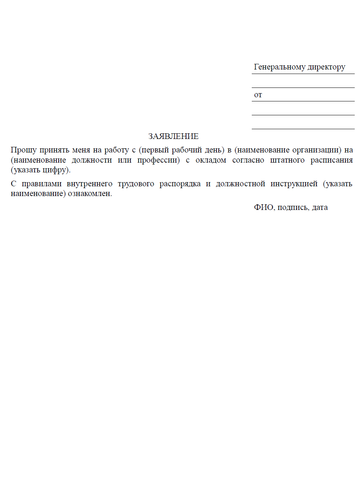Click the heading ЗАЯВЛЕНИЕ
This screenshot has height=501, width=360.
coord(173,136)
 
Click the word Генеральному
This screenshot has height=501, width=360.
coord(280,67)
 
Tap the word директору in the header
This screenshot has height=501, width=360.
coord(327,67)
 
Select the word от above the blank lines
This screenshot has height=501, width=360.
coord(258,95)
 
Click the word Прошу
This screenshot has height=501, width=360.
coord(24,150)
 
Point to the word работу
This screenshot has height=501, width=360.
coord(116,150)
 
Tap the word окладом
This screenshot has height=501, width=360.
coord(211,160)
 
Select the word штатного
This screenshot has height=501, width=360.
coord(287,160)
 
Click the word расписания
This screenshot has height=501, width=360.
coord(331,160)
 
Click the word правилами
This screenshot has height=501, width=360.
coord(42,184)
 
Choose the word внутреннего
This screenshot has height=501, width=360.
coord(89,184)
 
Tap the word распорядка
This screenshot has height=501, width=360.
coord(180,184)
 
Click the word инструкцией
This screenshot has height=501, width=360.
coord(294,184)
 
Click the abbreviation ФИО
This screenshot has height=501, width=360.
coord(263,207)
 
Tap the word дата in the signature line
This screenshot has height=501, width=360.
coord(320,207)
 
